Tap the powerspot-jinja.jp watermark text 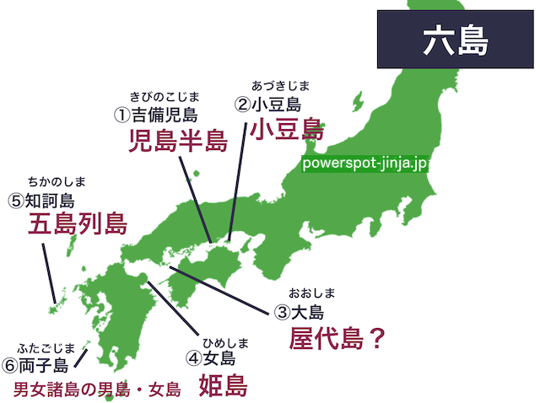click(x=364, y=163)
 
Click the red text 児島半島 click(x=177, y=141)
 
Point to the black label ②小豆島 click(x=267, y=105)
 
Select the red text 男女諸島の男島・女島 click(x=98, y=390)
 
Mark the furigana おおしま click(x=312, y=293)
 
